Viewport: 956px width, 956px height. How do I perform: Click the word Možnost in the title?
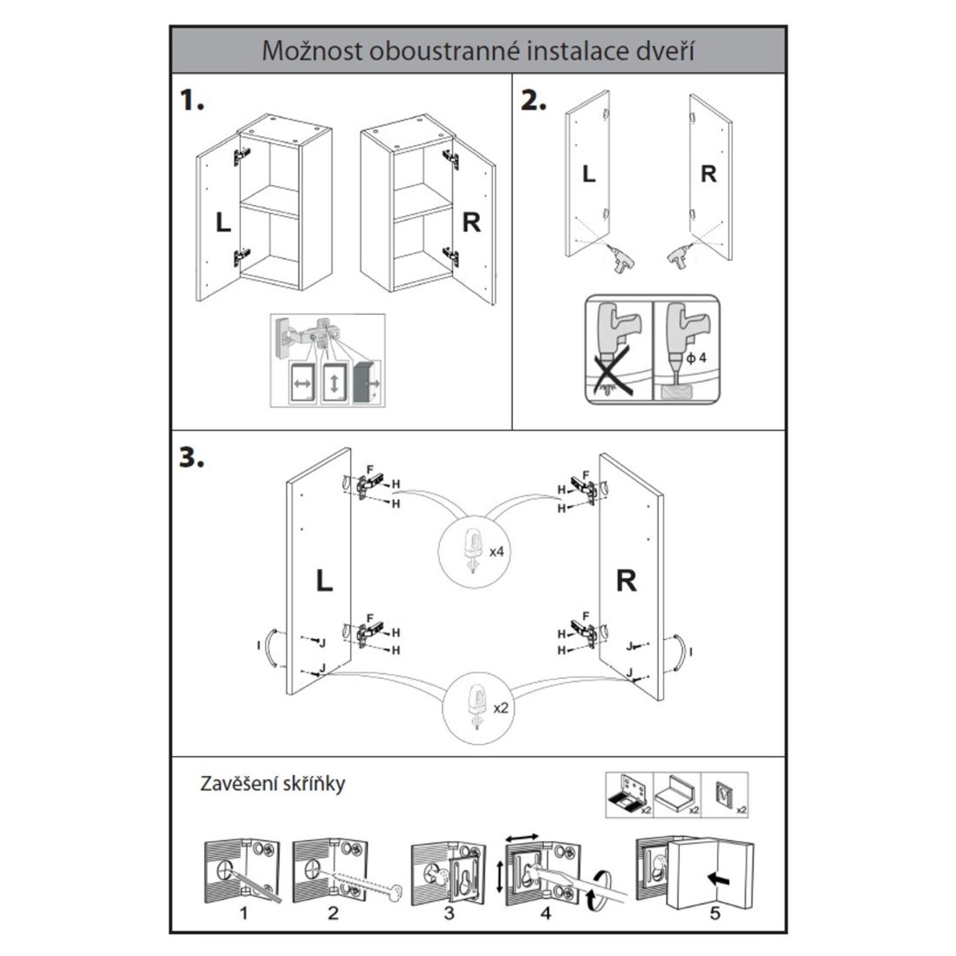click(312, 51)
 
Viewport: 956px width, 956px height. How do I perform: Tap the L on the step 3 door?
click(324, 580)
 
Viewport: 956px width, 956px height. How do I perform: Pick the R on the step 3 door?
click(626, 580)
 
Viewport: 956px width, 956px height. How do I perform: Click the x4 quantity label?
click(497, 551)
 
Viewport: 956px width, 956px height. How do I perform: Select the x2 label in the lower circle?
click(501, 708)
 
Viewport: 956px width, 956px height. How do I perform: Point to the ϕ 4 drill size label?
click(696, 358)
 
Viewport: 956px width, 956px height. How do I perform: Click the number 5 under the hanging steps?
click(715, 914)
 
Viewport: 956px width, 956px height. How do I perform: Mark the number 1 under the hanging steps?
click(243, 914)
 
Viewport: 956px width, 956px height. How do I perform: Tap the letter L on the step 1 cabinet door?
click(223, 223)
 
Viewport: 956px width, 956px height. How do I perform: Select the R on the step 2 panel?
click(708, 174)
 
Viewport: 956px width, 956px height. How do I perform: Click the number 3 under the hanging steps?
click(449, 914)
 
